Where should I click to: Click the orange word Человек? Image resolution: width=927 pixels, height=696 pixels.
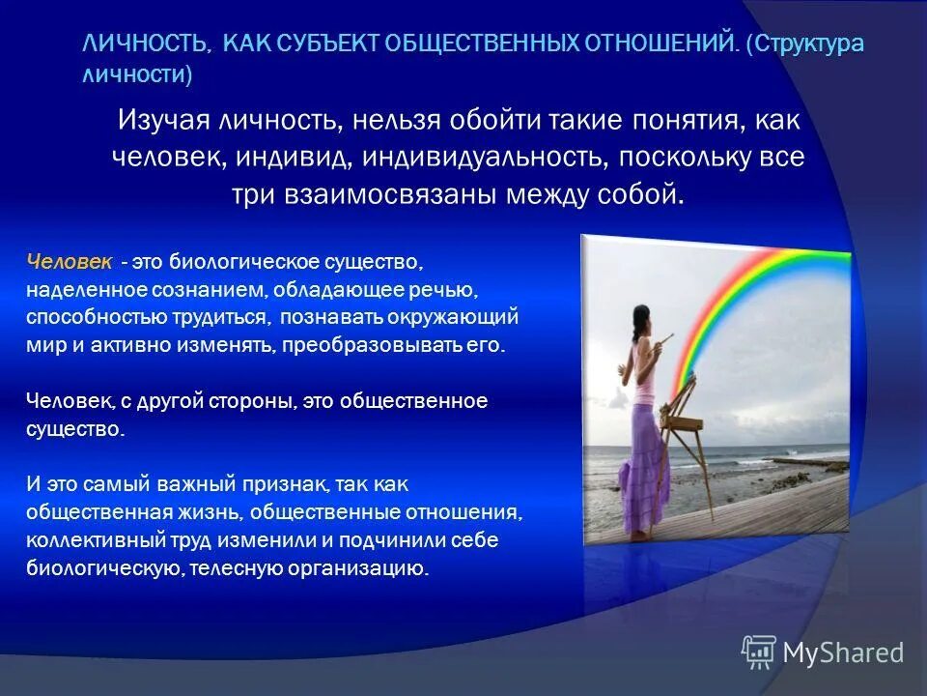[x=70, y=262]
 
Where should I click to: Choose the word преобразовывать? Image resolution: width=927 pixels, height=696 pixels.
[x=365, y=344]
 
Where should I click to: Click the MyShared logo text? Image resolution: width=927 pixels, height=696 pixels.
[x=842, y=652]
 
